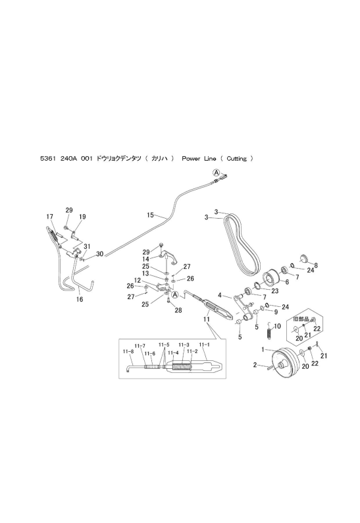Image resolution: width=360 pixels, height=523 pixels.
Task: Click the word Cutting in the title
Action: click(237, 159)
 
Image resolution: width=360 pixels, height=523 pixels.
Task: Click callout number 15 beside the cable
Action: click(150, 215)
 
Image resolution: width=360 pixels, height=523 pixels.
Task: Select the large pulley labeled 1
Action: click(284, 363)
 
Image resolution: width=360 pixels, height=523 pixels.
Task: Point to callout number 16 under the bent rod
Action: click(80, 299)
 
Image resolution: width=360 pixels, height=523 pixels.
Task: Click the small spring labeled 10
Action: click(270, 330)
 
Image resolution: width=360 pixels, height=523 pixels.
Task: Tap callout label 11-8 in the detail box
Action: click(128, 351)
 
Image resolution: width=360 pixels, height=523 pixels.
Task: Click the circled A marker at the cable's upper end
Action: click(217, 173)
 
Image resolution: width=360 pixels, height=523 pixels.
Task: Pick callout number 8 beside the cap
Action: click(316, 266)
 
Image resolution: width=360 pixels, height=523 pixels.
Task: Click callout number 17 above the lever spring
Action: click(49, 217)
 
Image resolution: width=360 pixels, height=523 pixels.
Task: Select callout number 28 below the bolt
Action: click(178, 310)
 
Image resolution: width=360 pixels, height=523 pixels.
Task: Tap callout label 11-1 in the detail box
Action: click(204, 344)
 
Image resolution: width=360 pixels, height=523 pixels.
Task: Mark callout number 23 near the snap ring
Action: click(274, 291)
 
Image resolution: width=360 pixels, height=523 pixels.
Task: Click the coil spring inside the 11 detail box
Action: click(182, 367)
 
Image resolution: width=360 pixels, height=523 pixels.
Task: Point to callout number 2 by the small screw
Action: click(255, 365)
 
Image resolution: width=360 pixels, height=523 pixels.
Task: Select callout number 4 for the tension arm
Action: click(220, 295)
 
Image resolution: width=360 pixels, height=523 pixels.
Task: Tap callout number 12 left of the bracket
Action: click(138, 280)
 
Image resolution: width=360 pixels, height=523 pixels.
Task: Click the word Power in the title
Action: click(190, 159)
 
